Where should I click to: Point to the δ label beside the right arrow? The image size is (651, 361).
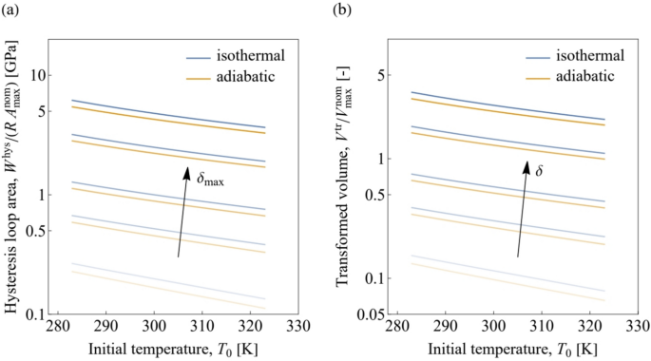(537, 172)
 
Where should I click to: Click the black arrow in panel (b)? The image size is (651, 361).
(521, 209)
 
